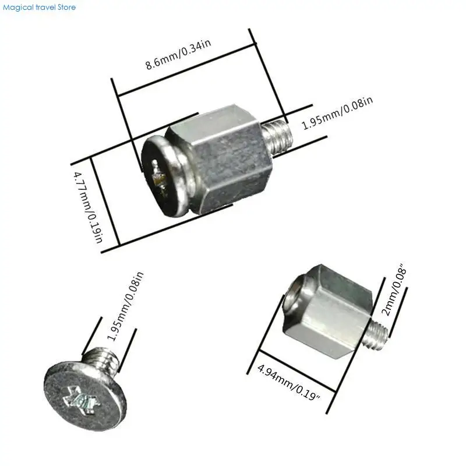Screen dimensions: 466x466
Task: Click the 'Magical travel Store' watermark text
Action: click(38, 8)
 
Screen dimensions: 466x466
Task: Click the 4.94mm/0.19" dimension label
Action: click(289, 383)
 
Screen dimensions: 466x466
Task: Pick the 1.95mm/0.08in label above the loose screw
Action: click(123, 306)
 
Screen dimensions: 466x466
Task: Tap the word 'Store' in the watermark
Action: click(66, 8)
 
